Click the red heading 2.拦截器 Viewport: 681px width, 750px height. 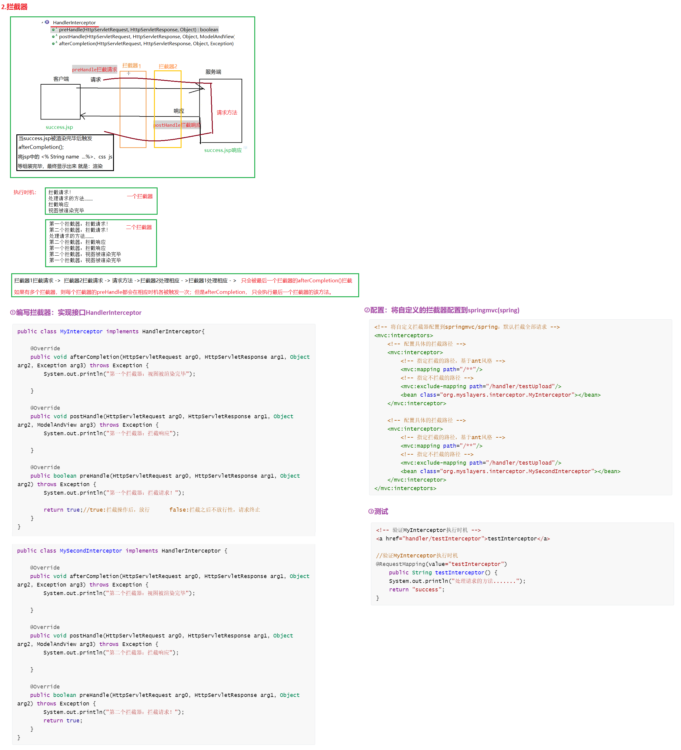tap(15, 7)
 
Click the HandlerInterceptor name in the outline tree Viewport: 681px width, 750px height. tap(74, 23)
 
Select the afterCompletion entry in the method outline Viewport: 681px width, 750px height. tap(146, 44)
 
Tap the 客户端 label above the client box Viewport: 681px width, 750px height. tap(61, 79)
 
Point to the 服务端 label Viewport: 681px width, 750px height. tap(213, 72)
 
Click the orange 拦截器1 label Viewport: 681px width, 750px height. tap(132, 66)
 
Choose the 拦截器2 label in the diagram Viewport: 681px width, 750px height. tap(168, 66)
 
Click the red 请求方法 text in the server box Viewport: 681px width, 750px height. tap(227, 112)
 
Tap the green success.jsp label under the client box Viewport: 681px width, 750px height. tap(59, 127)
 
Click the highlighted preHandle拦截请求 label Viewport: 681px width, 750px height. tap(95, 69)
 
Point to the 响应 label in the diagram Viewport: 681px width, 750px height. tap(179, 111)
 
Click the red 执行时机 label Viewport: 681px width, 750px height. tap(25, 192)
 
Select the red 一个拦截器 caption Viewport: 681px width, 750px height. tap(140, 196)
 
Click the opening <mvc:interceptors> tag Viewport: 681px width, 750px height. tap(403, 335)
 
